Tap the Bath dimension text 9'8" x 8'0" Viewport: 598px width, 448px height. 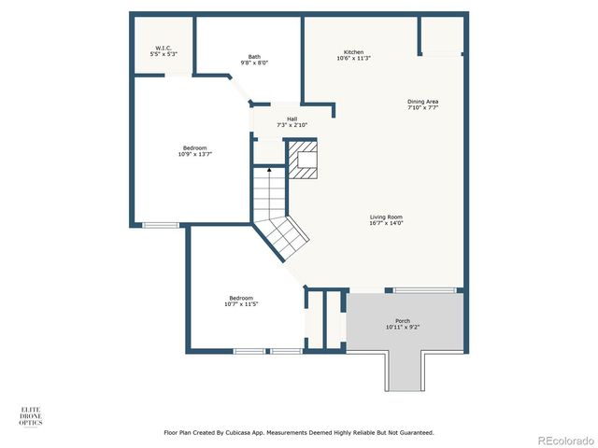254,63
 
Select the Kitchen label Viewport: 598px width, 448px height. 353,51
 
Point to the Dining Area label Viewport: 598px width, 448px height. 422,101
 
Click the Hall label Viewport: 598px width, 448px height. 292,119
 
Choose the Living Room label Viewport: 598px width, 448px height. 386,217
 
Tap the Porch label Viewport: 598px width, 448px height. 403,320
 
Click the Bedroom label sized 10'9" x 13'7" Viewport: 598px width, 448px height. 194,148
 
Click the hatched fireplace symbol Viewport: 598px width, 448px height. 303,160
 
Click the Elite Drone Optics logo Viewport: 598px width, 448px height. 31,415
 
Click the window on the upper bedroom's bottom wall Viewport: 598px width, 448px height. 161,224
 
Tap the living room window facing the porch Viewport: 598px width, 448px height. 424,290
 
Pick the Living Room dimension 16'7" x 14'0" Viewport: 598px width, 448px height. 386,224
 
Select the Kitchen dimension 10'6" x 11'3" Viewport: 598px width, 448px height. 353,59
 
